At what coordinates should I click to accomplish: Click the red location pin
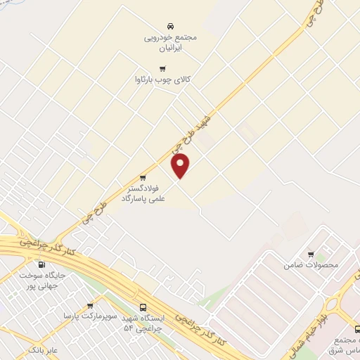181,166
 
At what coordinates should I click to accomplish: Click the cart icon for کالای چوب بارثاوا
163,69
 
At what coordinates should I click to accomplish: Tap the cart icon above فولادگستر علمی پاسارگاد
143,177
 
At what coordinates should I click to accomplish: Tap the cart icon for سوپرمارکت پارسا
90,306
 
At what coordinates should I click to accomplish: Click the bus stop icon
144,307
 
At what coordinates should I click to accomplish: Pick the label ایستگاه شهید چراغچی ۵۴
143,323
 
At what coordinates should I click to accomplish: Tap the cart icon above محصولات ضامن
311,254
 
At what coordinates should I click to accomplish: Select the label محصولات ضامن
311,266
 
